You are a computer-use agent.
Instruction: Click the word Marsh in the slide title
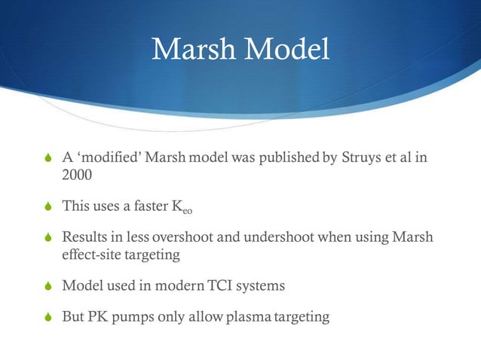[191, 50]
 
